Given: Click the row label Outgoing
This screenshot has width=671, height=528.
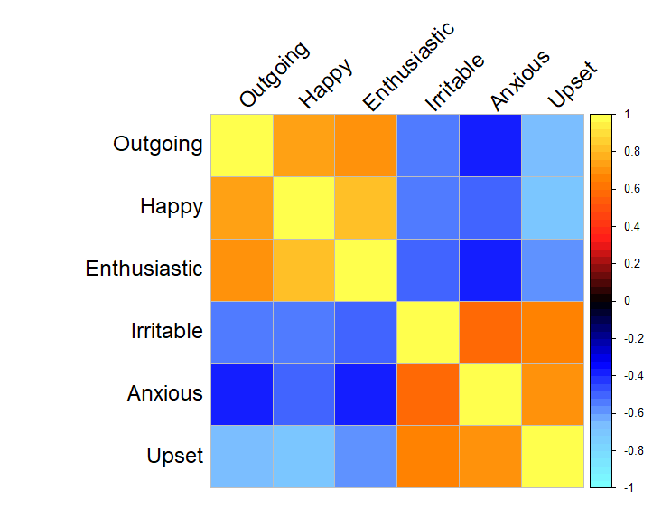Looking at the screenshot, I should [157, 145].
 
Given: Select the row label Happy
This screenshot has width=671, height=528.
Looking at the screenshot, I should [171, 207].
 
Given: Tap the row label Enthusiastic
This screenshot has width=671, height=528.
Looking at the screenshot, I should [144, 269].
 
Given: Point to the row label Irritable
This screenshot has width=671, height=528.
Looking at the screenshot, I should [166, 331].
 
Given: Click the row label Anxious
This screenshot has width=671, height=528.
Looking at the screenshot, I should [164, 393].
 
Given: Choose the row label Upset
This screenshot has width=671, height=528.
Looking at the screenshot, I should [174, 456].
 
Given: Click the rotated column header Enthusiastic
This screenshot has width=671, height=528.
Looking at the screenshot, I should [407, 68].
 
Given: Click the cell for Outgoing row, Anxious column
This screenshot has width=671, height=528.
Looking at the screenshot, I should [489, 146].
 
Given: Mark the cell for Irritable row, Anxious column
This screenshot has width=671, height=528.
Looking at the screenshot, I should [489, 332].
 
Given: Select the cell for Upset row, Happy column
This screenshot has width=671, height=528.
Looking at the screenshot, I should [303, 457].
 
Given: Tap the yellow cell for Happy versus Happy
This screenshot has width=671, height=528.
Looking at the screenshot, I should [303, 208].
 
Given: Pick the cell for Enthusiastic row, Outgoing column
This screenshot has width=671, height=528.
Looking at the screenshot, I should [242, 269].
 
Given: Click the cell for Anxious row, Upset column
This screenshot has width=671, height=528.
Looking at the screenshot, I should [552, 394].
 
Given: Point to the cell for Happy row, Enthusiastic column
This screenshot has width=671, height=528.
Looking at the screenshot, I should [366, 208].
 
